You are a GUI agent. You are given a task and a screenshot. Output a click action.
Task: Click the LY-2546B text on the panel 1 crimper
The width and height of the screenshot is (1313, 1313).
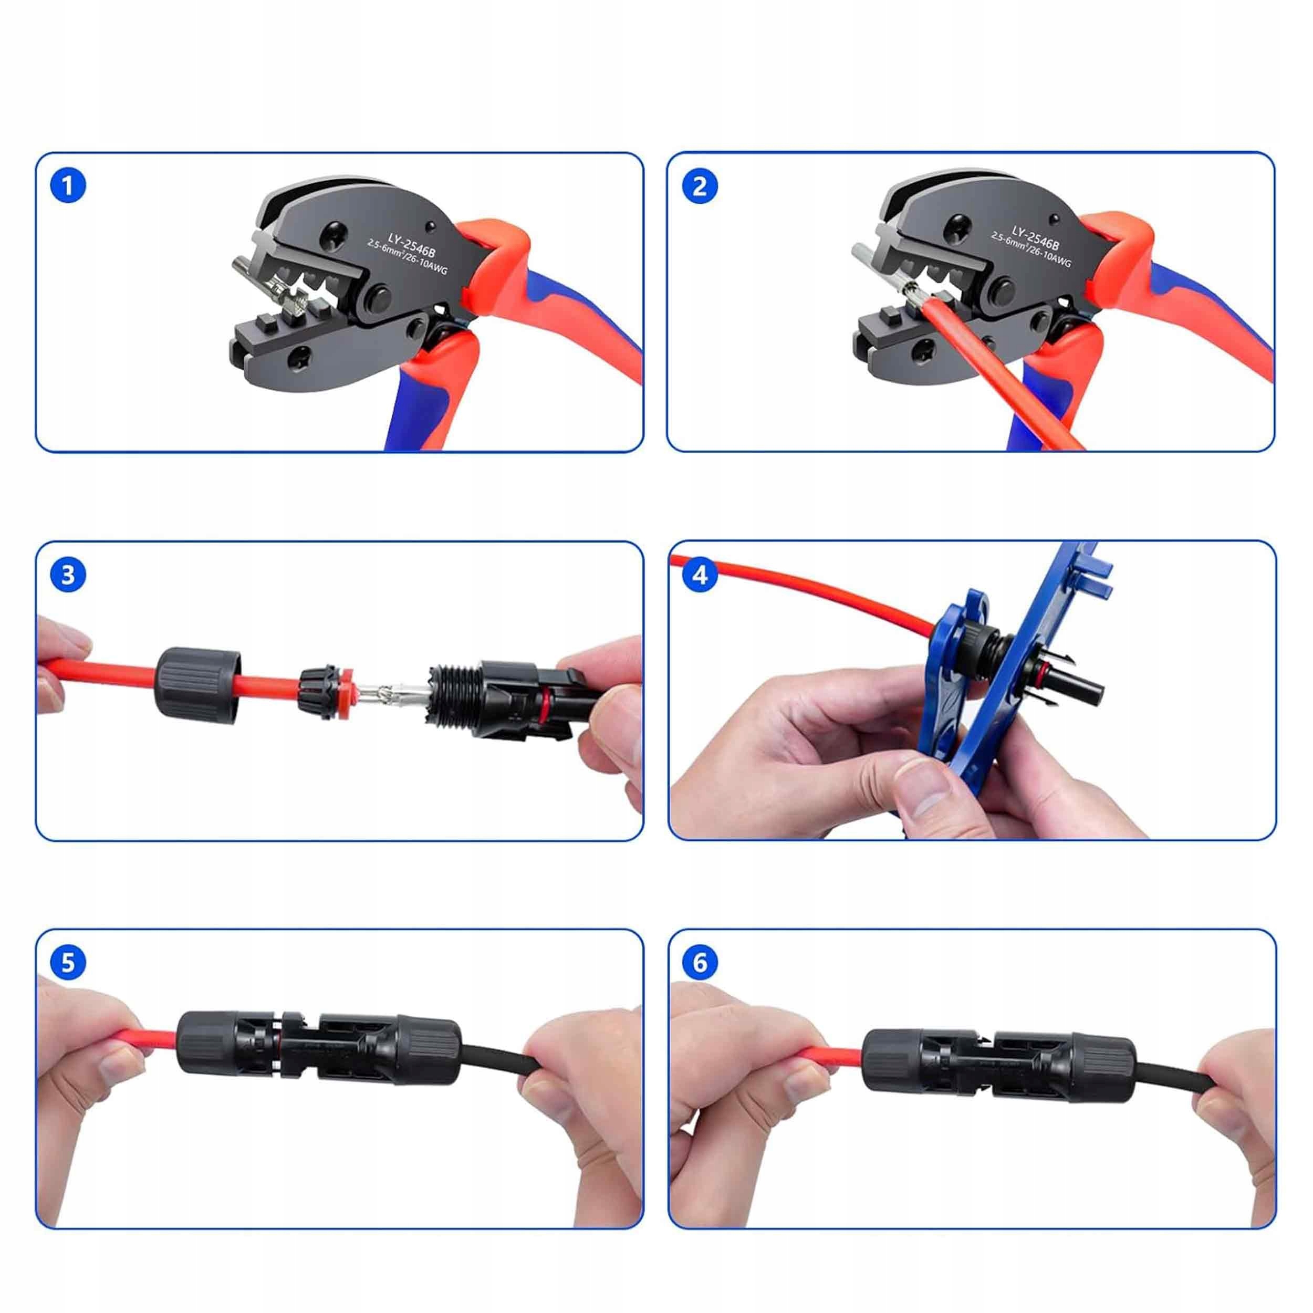click(x=412, y=245)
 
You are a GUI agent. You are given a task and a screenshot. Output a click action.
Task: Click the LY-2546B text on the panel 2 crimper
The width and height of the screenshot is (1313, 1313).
click(x=1035, y=237)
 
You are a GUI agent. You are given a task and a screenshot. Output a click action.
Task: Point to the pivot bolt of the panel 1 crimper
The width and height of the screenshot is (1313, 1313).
click(x=377, y=299)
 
